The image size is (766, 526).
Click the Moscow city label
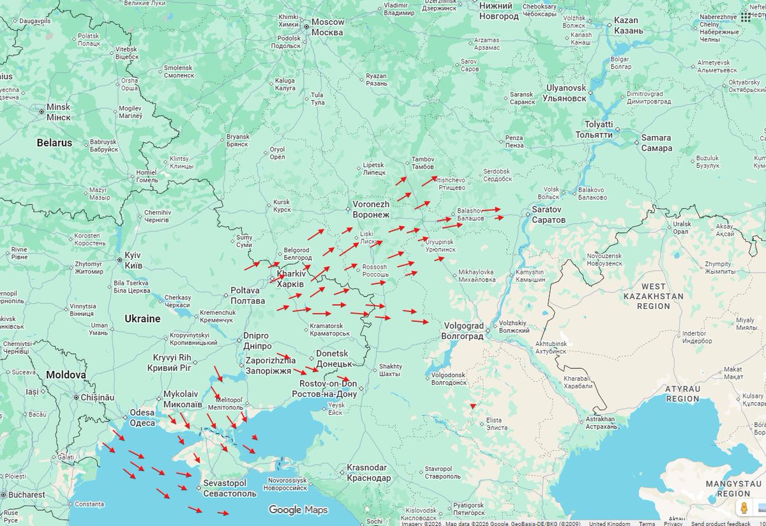coord(328,27)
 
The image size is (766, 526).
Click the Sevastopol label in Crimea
coord(229,488)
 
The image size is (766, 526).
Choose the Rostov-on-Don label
coord(324,389)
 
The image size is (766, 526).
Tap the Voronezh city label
coord(371,209)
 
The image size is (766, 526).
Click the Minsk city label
coord(58,112)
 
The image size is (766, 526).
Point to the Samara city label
coord(656,142)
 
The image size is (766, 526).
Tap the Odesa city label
coord(142,417)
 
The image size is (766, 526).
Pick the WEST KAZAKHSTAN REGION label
coord(653,296)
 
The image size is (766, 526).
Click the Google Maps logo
coord(298,509)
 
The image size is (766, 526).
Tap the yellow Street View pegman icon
coord(744,508)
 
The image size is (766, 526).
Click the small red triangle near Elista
coord(472,406)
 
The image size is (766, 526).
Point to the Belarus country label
coord(54,142)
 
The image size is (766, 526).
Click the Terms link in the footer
coord(647,523)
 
